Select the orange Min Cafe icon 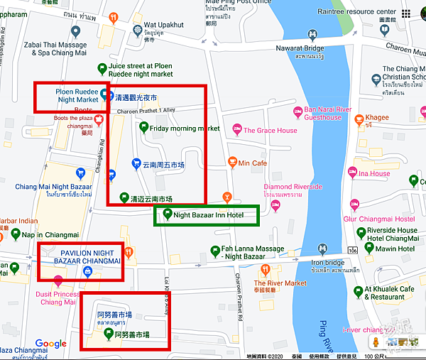click(232, 163)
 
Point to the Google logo click(50, 344)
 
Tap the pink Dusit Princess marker click(58, 279)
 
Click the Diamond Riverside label click(293, 187)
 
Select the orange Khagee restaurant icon click(359, 118)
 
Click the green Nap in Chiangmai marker click(14, 234)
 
